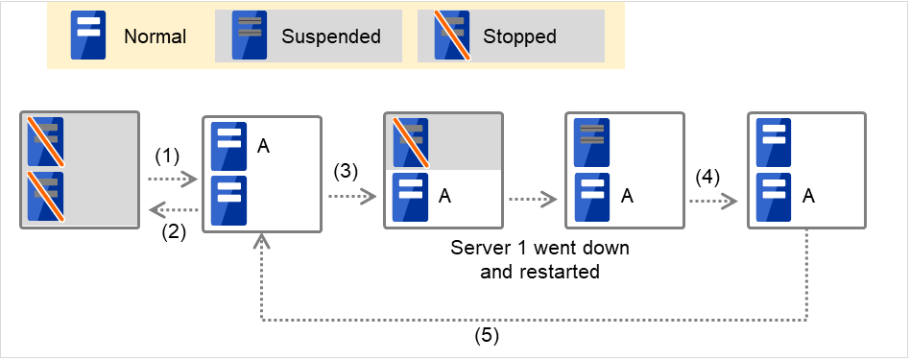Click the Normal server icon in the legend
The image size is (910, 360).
point(89,36)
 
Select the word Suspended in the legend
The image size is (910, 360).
point(330,37)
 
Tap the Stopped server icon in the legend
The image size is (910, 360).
point(451,36)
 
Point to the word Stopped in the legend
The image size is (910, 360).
point(519,37)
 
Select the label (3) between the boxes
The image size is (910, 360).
point(347,172)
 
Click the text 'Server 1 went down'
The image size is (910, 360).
point(539,248)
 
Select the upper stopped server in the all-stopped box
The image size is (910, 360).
point(44,142)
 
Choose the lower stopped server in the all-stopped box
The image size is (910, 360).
point(44,197)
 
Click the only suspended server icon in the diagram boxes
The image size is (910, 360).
point(590,142)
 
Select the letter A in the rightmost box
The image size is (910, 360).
point(808,197)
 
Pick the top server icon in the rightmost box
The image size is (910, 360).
point(773,142)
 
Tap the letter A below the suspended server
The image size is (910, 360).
point(626,197)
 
